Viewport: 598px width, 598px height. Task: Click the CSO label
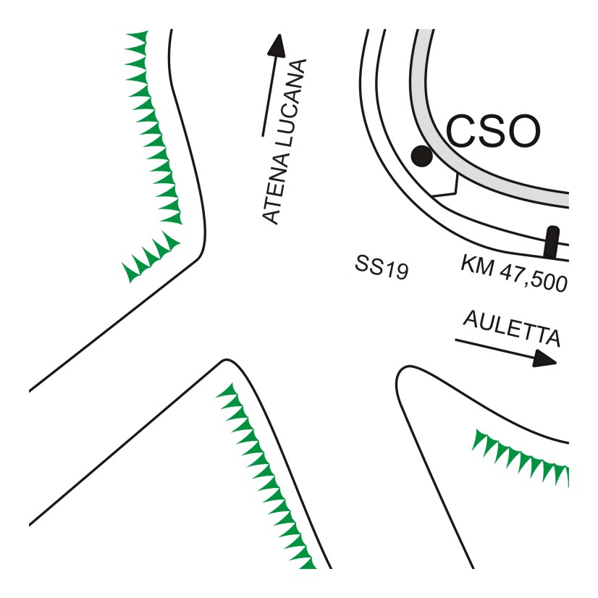(x=492, y=132)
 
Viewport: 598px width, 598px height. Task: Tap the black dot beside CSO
(x=421, y=154)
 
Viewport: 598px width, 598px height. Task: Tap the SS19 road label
(x=382, y=267)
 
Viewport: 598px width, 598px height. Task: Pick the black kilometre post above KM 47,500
(x=552, y=242)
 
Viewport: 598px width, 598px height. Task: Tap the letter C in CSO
(x=459, y=132)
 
